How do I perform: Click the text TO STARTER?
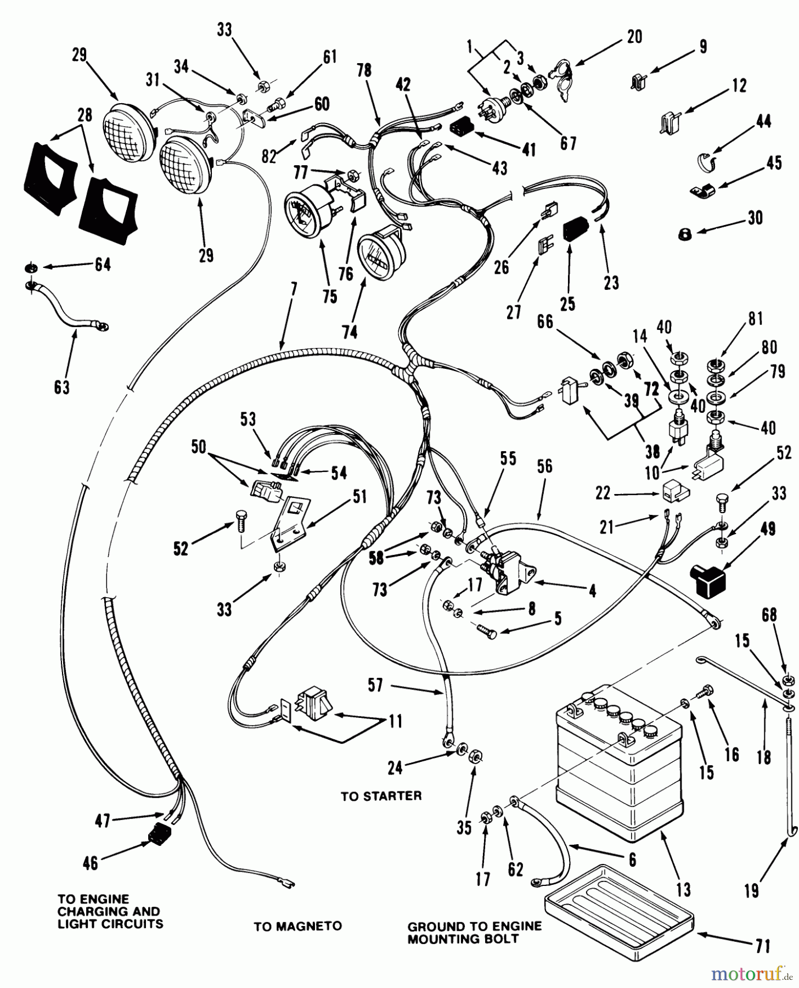381,796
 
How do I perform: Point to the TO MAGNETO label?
297,927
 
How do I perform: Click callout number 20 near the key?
634,37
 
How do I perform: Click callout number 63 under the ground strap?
62,387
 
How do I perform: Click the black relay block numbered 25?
576,226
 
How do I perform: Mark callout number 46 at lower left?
90,863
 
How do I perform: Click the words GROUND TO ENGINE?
474,927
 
